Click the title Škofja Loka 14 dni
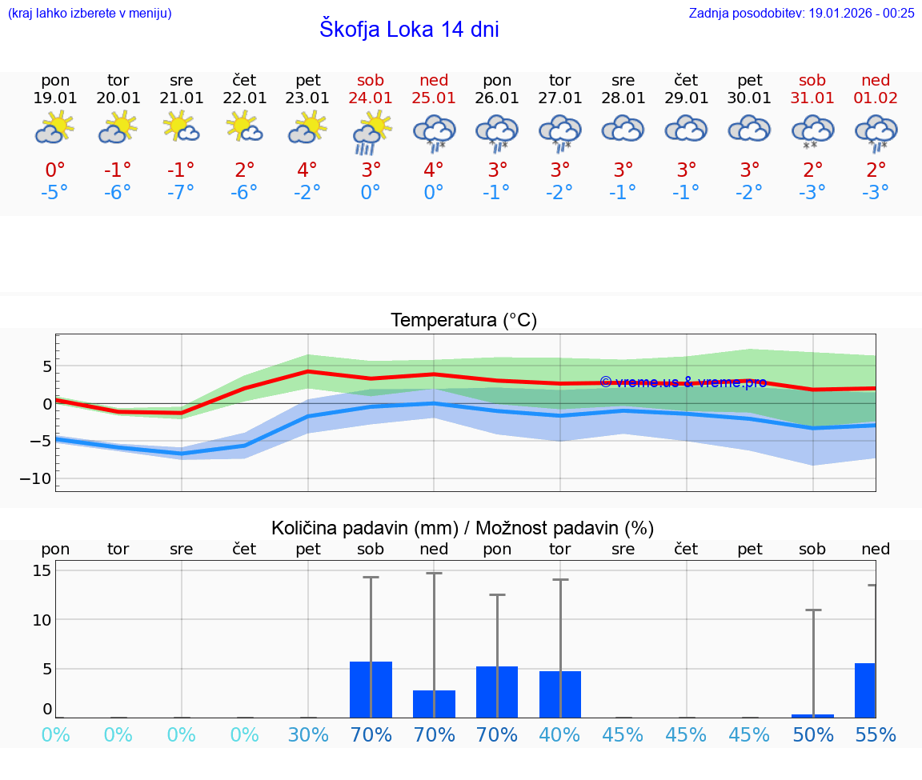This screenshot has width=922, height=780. [409, 30]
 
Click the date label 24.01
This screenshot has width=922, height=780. [371, 98]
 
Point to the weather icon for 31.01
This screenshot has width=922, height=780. [812, 131]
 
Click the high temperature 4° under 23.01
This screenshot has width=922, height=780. [307, 170]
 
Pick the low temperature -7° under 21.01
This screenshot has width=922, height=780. [181, 193]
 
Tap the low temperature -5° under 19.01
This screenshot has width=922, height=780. [55, 193]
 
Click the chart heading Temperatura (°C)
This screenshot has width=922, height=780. [463, 321]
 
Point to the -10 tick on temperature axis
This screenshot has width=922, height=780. [40, 478]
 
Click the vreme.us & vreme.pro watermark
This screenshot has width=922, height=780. [683, 382]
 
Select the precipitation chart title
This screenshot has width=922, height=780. [462, 528]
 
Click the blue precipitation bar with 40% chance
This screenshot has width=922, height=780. [560, 694]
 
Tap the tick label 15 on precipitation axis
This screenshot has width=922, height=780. [42, 570]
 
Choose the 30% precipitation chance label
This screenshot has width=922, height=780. [308, 734]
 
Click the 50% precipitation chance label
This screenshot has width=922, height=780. [813, 734]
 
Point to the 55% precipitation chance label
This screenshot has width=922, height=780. [876, 734]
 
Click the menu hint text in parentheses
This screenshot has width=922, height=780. [90, 13]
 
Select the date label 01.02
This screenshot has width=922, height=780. [876, 98]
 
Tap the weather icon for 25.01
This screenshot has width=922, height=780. [434, 132]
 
